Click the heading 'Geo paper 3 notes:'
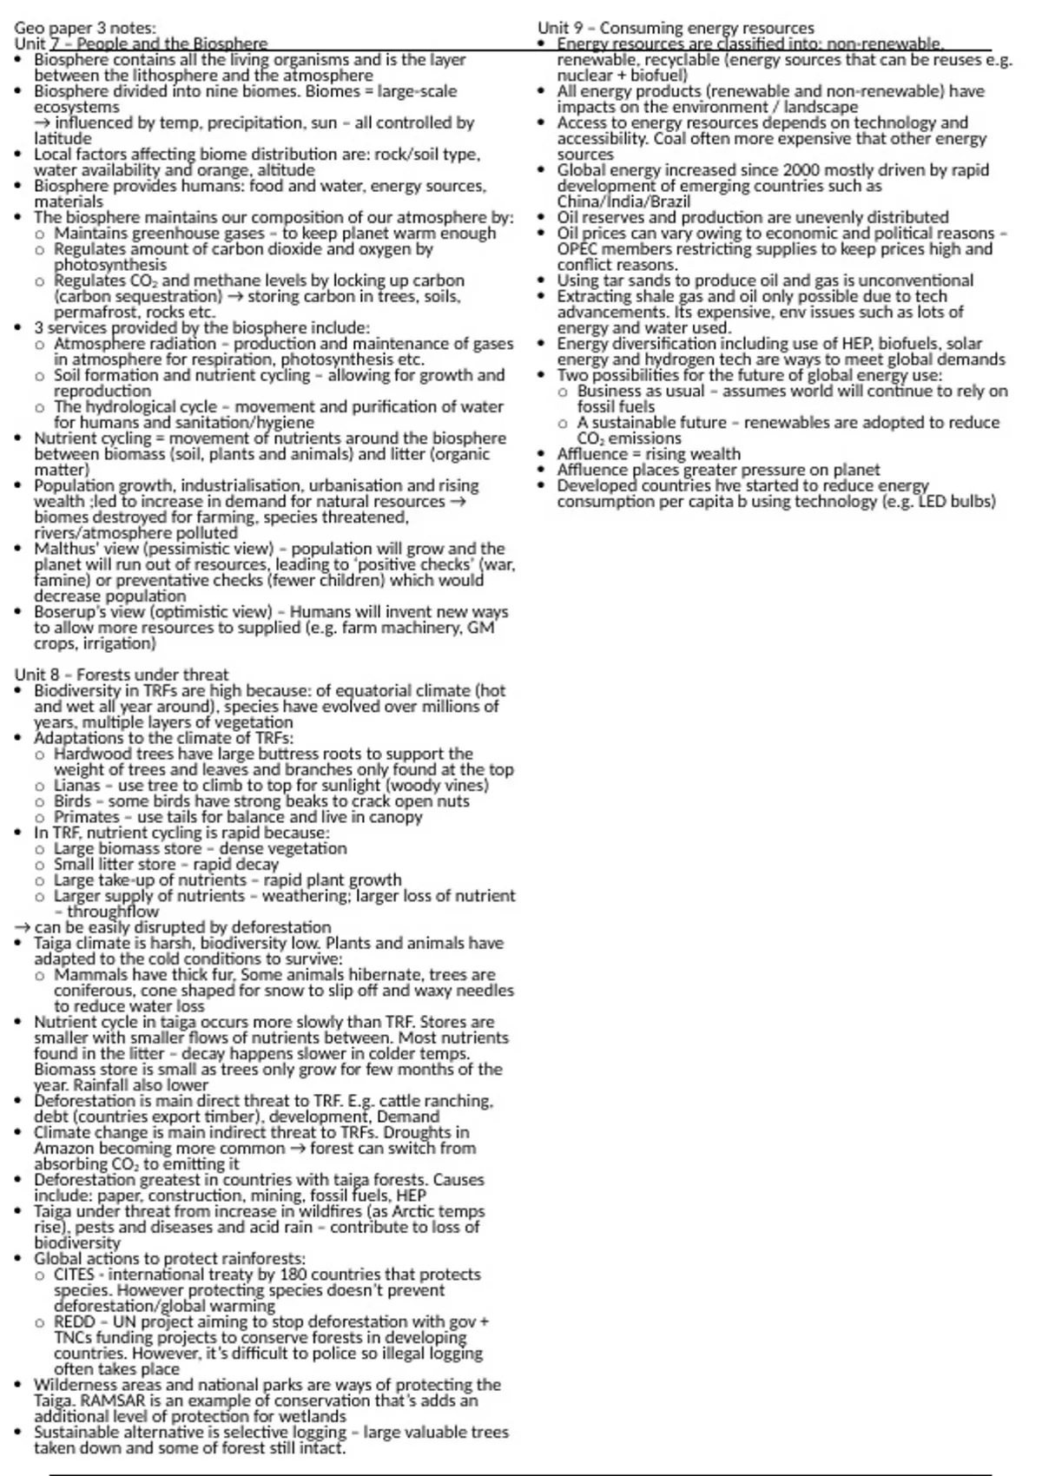[x=85, y=29]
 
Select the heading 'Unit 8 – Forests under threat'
[x=122, y=675]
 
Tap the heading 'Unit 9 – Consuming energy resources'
[x=676, y=29]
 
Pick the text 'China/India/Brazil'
[x=623, y=201]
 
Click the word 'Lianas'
[x=77, y=786]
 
